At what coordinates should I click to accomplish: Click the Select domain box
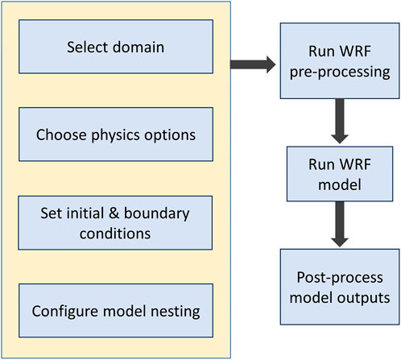click(x=116, y=47)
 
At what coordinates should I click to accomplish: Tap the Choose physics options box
click(x=116, y=134)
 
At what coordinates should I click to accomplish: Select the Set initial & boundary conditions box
click(x=115, y=223)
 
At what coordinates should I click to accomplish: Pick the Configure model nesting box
click(x=116, y=311)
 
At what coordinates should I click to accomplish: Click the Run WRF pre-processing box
click(x=340, y=61)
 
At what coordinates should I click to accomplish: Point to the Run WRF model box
click(x=340, y=174)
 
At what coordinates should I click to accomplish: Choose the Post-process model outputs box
click(x=340, y=287)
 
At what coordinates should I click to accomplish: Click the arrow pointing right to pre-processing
click(x=253, y=64)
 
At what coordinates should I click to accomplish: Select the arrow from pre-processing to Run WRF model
click(x=340, y=121)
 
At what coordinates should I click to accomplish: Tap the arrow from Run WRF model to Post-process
click(x=340, y=224)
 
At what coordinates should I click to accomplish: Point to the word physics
click(x=116, y=135)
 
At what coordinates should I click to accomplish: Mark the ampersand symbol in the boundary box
click(x=114, y=213)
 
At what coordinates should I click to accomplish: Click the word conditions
click(x=115, y=234)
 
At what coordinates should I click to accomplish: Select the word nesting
click(x=176, y=312)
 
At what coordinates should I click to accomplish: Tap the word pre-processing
click(x=340, y=72)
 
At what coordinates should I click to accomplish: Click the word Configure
click(x=65, y=312)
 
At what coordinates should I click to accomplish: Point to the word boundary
click(x=157, y=214)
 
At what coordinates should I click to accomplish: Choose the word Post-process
click(x=340, y=278)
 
